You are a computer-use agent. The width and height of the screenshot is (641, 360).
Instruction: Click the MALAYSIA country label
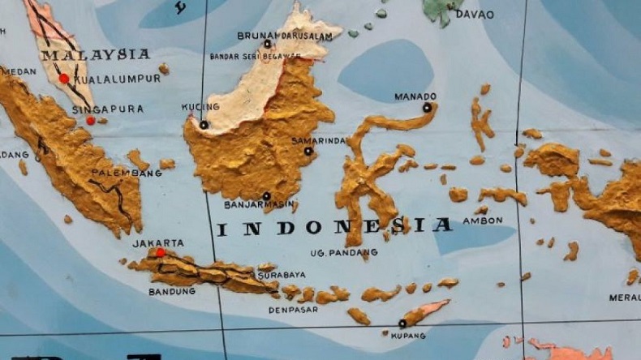coord(96,55)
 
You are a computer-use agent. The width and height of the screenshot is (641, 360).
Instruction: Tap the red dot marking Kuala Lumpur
coord(64,79)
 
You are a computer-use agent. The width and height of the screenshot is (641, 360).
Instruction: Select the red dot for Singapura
coord(91,121)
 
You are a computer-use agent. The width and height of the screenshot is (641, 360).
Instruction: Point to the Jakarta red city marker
coord(161,253)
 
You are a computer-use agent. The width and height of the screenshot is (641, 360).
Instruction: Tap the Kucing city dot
coord(204,125)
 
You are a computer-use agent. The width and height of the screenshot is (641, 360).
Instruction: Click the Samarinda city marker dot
coord(308,151)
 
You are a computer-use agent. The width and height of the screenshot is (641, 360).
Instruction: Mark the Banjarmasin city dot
coord(266,196)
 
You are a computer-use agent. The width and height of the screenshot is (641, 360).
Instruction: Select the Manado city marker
coord(427,107)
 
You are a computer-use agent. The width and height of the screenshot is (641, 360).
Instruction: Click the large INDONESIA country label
coord(333,228)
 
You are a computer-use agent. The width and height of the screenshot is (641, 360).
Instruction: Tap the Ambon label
coord(483,220)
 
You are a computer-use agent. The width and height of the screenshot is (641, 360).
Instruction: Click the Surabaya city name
coord(282,276)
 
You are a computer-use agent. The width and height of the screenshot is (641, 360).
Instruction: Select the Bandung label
coord(171,290)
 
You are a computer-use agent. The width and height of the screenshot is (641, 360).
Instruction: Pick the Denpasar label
coord(293,309)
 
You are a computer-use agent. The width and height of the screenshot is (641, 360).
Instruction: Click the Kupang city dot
coord(402,324)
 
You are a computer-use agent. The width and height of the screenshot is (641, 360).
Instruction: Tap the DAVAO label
coord(475,14)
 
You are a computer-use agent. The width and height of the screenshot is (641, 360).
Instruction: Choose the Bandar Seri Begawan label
coord(255,56)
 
